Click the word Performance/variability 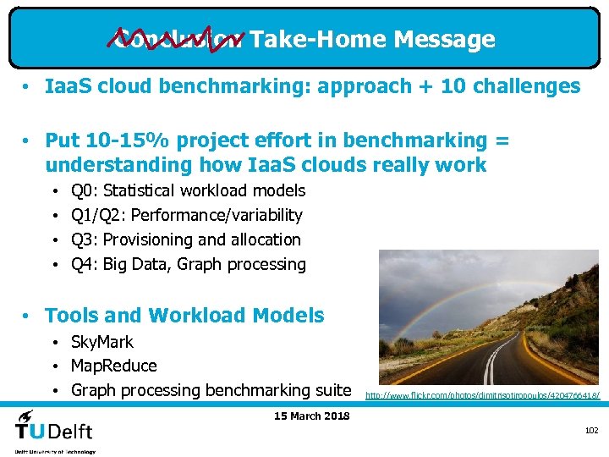coord(217,216)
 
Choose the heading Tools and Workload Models coord(184,316)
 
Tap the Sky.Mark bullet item coord(102,342)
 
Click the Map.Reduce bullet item coord(114,366)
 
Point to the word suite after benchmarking coord(332,390)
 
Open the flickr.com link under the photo coord(483,395)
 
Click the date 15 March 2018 coord(312,416)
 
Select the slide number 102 coord(591,431)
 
